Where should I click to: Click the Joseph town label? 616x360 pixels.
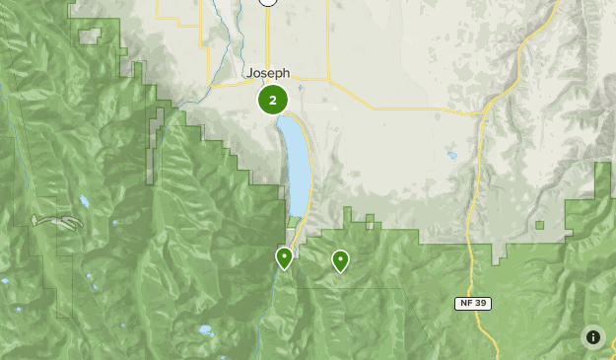tap(268, 73)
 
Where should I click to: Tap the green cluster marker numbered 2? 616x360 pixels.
tap(273, 100)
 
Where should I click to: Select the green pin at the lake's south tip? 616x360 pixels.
tap(284, 258)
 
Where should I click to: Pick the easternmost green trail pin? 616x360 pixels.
tap(340, 260)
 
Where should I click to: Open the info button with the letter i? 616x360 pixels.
tap(593, 337)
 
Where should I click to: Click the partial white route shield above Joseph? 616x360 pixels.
tap(267, 2)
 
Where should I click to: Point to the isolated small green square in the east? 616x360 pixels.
tap(540, 225)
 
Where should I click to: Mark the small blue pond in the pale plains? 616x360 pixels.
tap(452, 155)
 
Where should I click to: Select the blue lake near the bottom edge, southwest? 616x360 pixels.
tap(206, 330)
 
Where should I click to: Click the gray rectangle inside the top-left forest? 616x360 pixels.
tap(90, 36)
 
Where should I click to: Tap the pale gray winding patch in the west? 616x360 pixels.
tap(57, 222)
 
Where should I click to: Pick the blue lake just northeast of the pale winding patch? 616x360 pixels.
tap(85, 201)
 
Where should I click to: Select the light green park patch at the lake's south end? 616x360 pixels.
tap(295, 220)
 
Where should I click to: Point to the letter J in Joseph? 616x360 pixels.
tap(249, 73)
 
